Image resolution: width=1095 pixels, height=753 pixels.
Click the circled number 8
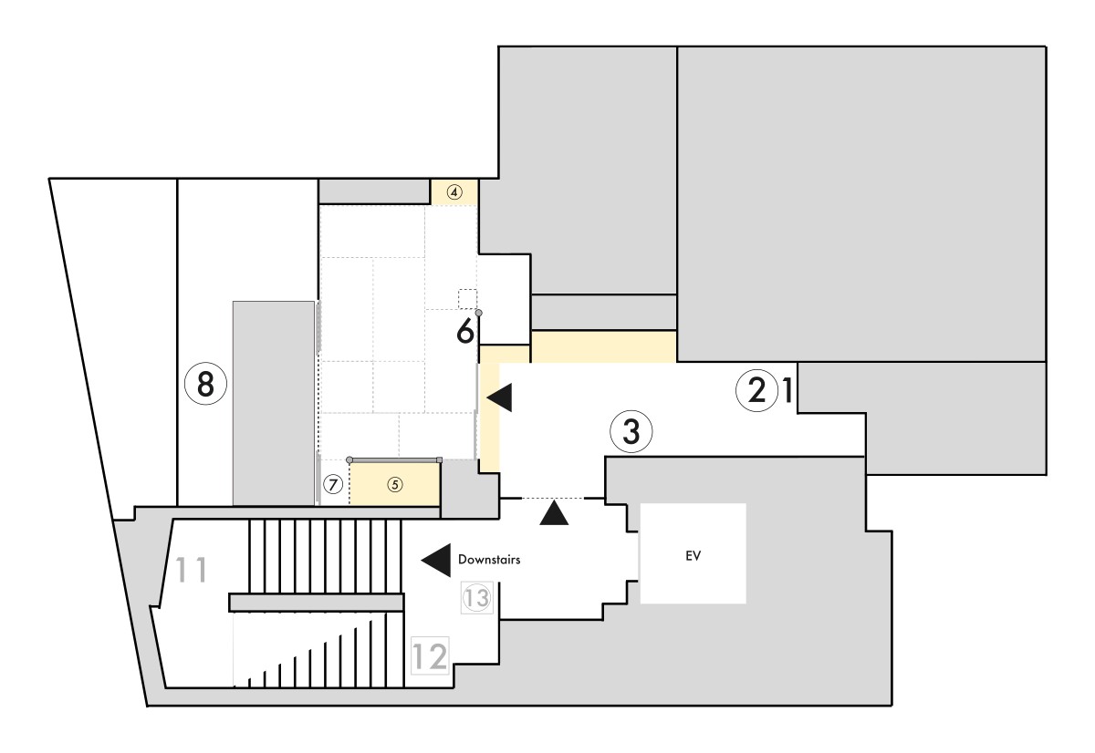pyautogui.click(x=205, y=384)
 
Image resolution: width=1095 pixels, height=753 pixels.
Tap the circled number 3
pyautogui.click(x=631, y=432)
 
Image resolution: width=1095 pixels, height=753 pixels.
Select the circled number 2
pyautogui.click(x=756, y=391)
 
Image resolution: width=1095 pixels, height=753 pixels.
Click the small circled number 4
pyautogui.click(x=454, y=192)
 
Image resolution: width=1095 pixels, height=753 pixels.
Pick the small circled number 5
pyautogui.click(x=395, y=484)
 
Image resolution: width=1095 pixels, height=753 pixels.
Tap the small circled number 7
pyautogui.click(x=333, y=484)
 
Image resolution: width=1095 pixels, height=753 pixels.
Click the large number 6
pyautogui.click(x=464, y=331)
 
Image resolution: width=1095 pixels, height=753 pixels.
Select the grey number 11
pyautogui.click(x=191, y=570)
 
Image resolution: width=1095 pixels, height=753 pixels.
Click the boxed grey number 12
pyautogui.click(x=430, y=655)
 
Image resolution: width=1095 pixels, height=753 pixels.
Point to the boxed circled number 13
pyautogui.click(x=476, y=597)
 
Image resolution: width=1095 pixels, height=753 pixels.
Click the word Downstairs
pyautogui.click(x=489, y=560)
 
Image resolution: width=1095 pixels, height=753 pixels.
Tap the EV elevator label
pyautogui.click(x=693, y=556)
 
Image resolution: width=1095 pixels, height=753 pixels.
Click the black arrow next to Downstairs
pyautogui.click(x=435, y=560)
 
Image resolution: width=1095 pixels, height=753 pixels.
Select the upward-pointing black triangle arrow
pyautogui.click(x=554, y=512)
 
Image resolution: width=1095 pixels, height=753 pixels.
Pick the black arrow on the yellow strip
pyautogui.click(x=499, y=397)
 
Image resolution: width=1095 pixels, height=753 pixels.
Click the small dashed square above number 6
pyautogui.click(x=467, y=299)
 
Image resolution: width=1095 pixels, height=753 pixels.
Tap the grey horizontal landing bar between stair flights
pyautogui.click(x=317, y=603)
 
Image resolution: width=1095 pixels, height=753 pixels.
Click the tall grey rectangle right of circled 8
pyautogui.click(x=273, y=403)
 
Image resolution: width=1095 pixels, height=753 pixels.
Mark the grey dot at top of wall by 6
pyautogui.click(x=478, y=313)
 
